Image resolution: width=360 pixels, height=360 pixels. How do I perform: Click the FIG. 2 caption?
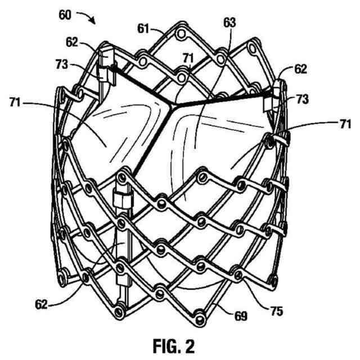point(179,345)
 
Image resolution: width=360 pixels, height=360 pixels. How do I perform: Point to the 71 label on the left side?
point(21,102)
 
